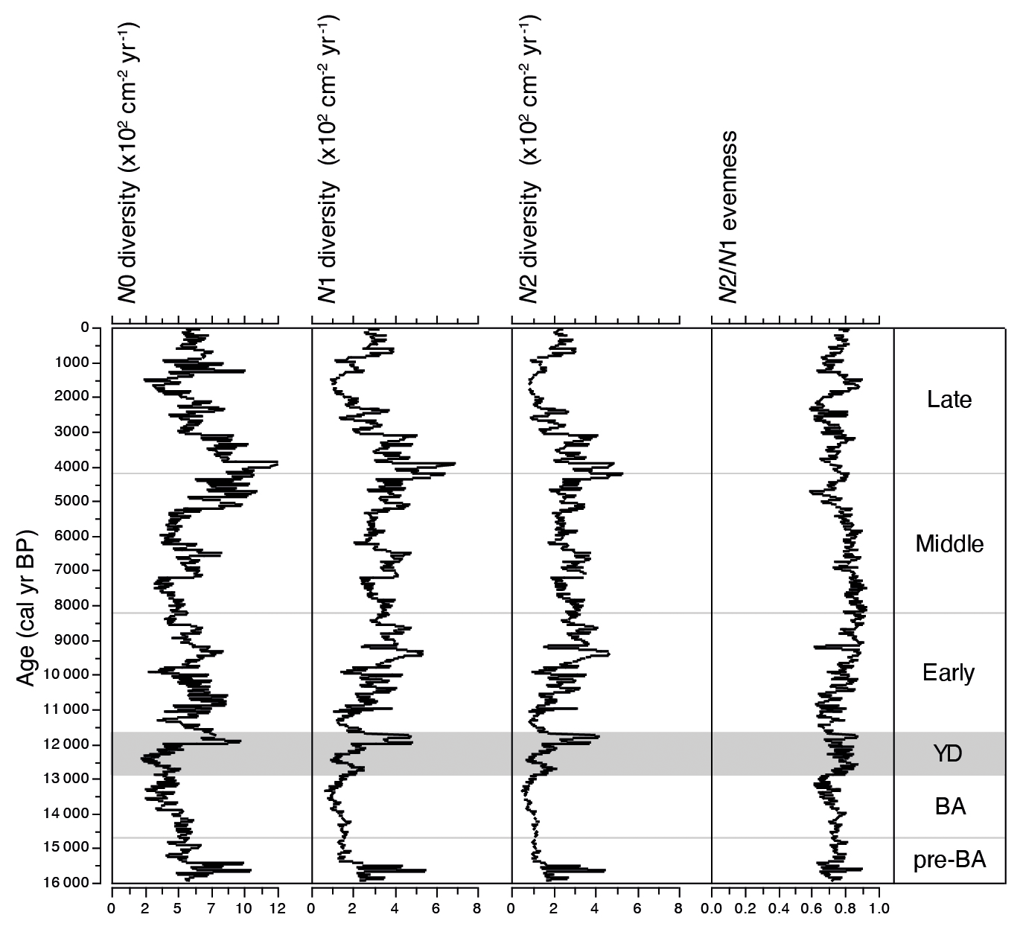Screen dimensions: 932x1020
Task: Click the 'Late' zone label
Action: click(949, 400)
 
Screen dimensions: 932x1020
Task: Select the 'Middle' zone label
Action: click(949, 544)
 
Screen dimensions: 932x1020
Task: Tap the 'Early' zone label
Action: click(949, 673)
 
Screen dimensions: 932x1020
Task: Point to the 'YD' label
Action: click(948, 754)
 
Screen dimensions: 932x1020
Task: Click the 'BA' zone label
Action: click(950, 806)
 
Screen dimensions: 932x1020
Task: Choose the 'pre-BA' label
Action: click(949, 861)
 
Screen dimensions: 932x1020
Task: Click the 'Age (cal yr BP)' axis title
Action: click(26, 604)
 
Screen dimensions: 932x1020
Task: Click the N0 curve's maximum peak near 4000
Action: click(277, 463)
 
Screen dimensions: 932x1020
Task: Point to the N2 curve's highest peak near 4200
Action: click(621, 473)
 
